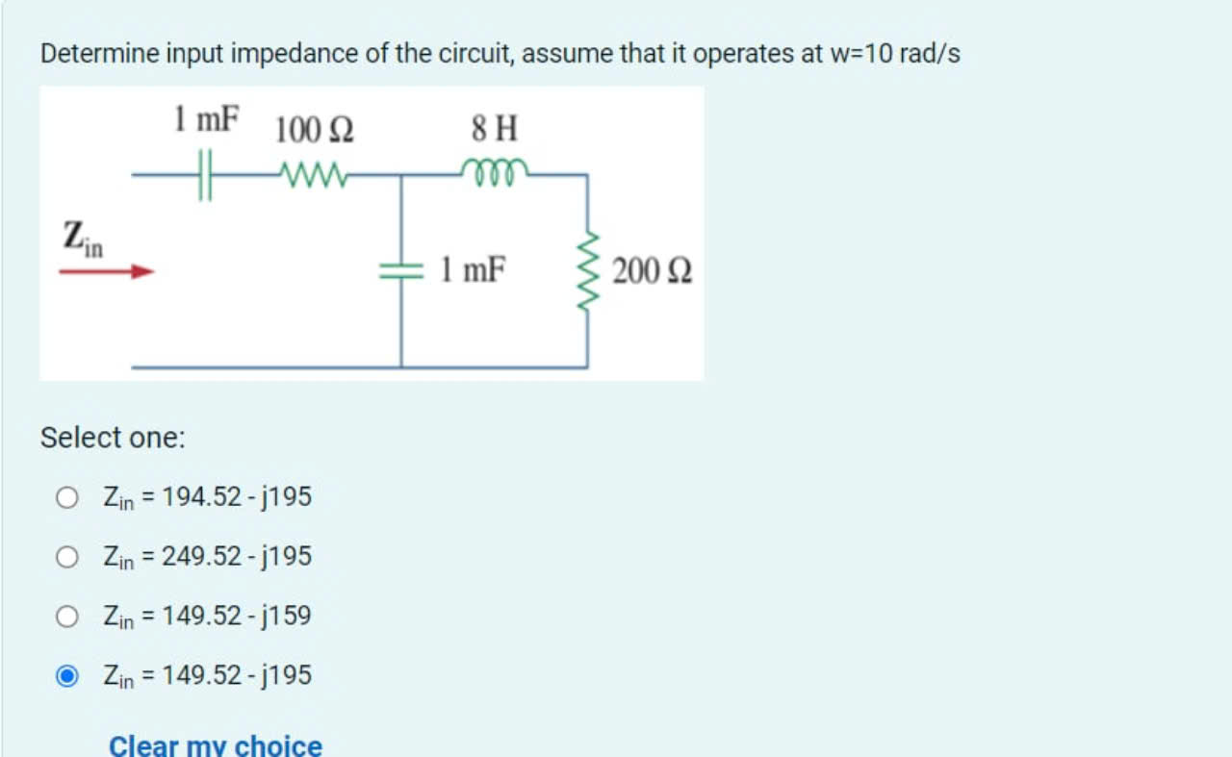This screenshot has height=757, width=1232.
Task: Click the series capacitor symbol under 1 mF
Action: (x=203, y=177)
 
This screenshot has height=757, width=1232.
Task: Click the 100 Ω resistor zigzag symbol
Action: (x=310, y=175)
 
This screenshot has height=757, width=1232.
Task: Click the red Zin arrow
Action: (x=106, y=272)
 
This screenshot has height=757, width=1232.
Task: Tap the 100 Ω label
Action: (x=315, y=129)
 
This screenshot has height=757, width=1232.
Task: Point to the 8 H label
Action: (x=494, y=126)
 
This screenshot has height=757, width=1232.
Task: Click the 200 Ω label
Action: (x=652, y=271)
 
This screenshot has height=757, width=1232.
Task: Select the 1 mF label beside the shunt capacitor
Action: (x=473, y=270)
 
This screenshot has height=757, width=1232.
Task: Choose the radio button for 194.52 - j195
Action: (x=66, y=497)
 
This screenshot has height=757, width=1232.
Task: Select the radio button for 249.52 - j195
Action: (x=66, y=557)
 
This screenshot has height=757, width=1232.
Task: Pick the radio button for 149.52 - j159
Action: (x=66, y=617)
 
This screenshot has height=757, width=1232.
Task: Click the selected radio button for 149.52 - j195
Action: (x=66, y=676)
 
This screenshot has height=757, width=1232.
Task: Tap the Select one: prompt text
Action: (x=113, y=438)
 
